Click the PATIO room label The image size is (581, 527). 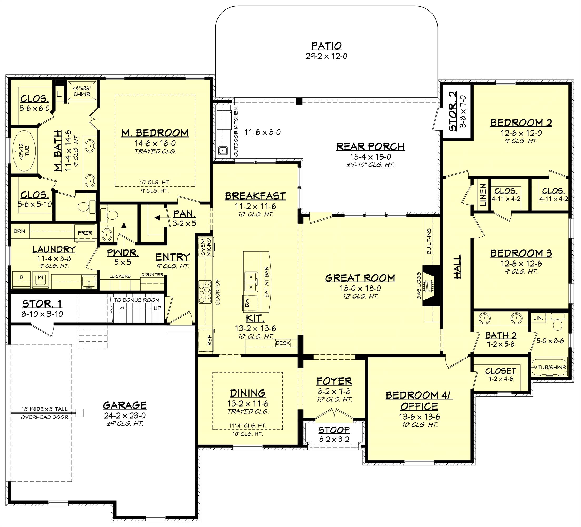pos(326,46)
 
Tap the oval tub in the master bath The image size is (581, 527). pos(24,150)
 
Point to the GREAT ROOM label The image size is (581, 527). pos(360,278)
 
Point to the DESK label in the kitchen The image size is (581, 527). pos(283,343)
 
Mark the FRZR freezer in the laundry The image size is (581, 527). pos(85,232)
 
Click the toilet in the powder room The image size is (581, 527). pos(110,215)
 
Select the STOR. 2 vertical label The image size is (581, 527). pos(453,111)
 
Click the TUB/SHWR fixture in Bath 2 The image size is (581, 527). pos(549,367)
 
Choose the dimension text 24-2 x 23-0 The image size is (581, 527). pos(125,416)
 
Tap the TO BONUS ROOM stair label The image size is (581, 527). pos(136,300)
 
